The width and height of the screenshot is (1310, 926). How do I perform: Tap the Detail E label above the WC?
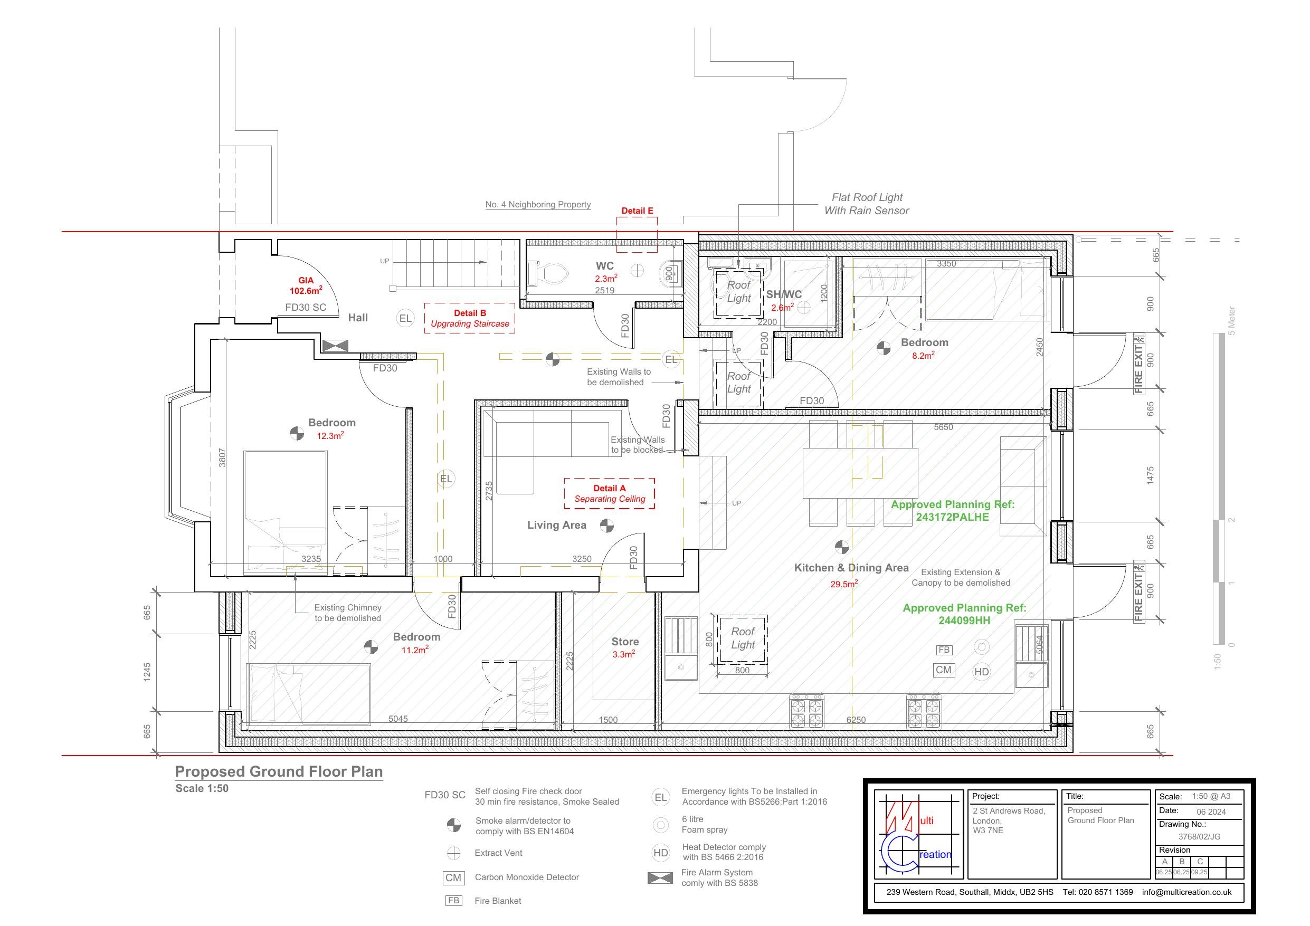[637, 211]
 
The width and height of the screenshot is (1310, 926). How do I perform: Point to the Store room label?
[625, 642]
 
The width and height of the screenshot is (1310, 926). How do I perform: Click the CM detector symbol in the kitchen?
[944, 670]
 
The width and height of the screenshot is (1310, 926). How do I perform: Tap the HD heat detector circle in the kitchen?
[981, 672]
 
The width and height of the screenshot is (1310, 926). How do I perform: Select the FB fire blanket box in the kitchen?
[944, 650]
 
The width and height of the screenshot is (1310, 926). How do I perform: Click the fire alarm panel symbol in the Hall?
[335, 346]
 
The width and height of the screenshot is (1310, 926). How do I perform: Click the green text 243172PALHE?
[952, 517]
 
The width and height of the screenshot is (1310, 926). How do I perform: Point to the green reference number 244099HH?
[964, 620]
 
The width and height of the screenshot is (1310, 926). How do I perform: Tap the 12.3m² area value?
[330, 436]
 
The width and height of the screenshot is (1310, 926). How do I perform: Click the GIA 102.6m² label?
[306, 286]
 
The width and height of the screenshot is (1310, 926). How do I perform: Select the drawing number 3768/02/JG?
[1199, 837]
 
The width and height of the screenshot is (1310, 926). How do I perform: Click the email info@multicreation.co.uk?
[1187, 892]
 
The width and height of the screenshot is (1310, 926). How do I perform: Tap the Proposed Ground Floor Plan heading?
[279, 771]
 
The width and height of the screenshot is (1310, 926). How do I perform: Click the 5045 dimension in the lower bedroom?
[398, 719]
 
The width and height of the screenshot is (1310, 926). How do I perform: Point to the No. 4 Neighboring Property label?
[538, 204]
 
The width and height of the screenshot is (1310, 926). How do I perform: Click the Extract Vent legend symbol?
[453, 853]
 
